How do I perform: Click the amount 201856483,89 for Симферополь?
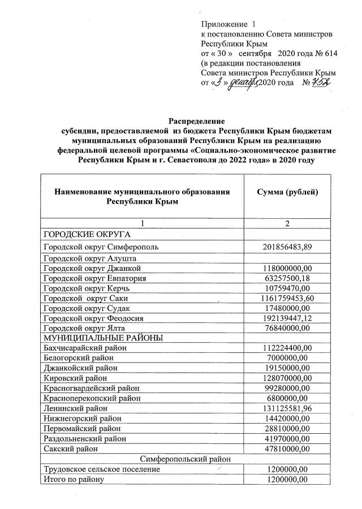pos(287,247)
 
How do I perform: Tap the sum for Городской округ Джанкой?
pos(287,268)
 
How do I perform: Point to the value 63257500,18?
pos(287,278)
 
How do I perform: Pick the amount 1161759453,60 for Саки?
pos(287,298)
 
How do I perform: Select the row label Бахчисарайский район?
pos(85,348)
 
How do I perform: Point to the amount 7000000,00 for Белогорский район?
pos(287,358)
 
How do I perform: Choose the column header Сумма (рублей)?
pos(287,192)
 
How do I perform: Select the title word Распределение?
pos(196,121)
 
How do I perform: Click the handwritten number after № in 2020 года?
pos(321,83)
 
